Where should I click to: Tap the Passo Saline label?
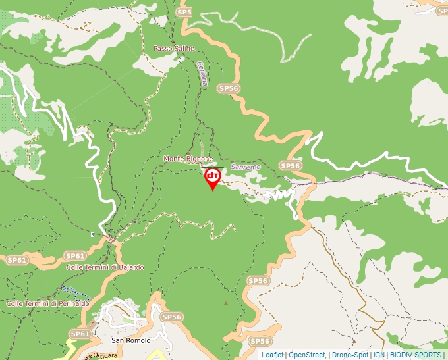(174, 49)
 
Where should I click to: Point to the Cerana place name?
(202, 74)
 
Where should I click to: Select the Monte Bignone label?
(188, 159)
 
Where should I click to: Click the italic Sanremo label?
(246, 167)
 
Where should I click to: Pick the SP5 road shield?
(184, 13)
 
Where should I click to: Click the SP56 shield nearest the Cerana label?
(228, 88)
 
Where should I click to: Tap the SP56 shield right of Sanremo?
(290, 166)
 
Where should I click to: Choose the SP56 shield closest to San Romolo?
(171, 317)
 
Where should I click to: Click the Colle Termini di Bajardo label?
(105, 267)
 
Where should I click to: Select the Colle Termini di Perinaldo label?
(47, 303)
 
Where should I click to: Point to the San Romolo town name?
(130, 340)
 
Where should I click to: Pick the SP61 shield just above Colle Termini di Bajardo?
(75, 255)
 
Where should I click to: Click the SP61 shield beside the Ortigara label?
(79, 334)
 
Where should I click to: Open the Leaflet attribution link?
(273, 355)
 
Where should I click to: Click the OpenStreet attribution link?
(307, 355)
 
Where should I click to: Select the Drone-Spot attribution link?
(349, 355)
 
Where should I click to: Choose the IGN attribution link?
(379, 355)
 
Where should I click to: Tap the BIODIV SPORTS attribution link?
(416, 355)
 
